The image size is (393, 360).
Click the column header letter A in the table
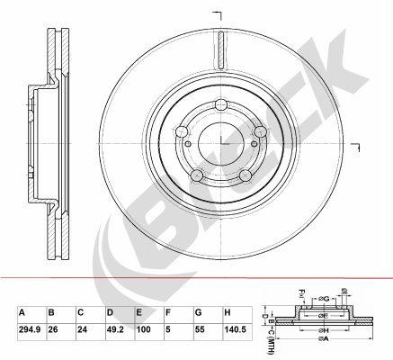pos(22,311)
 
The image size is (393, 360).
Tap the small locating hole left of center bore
pos(186,143)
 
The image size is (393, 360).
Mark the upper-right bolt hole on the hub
pos(261,132)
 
